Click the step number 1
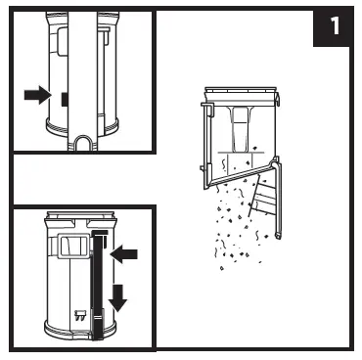[x=335, y=25]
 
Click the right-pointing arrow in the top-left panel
[x=38, y=95]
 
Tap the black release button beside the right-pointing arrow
[x=65, y=99]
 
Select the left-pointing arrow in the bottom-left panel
[x=124, y=254]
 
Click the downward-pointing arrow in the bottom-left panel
[x=117, y=298]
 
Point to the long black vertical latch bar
[x=98, y=285]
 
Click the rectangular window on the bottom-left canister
[x=74, y=246]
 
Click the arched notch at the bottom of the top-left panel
[x=83, y=143]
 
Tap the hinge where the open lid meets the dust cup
[x=276, y=161]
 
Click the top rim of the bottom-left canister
[x=81, y=215]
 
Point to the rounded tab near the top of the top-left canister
[x=62, y=40]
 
